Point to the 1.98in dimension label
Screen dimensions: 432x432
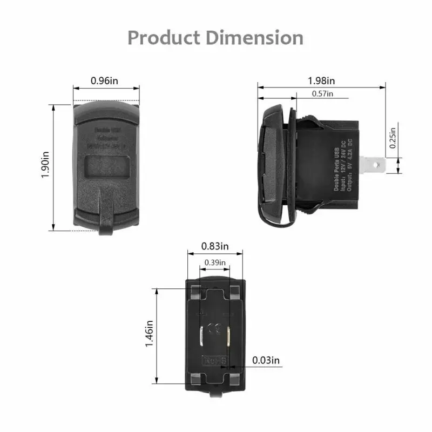coord(321,81)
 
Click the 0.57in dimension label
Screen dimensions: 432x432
coord(322,94)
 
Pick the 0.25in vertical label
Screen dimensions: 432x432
coord(393,136)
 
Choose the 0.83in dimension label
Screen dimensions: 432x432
coord(214,246)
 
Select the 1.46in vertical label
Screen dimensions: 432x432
coord(150,335)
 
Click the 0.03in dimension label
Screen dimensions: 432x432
coord(266,360)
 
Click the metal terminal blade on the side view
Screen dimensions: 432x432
coord(375,165)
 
